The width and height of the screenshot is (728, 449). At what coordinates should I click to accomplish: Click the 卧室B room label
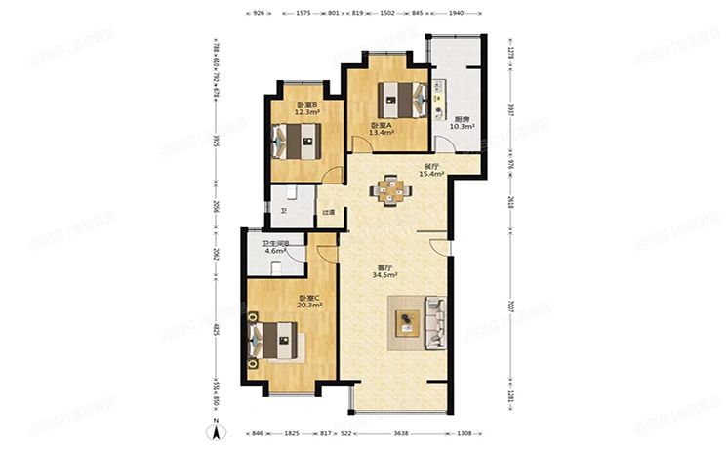click(306, 104)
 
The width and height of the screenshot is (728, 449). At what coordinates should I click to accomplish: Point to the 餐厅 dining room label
click(431, 167)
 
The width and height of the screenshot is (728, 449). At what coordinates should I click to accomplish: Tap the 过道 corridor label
click(330, 212)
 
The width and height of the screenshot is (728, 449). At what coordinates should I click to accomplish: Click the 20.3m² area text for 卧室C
click(310, 305)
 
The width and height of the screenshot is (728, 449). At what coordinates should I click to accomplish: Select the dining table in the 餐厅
click(391, 190)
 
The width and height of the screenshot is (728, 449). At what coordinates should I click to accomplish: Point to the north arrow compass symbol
click(216, 430)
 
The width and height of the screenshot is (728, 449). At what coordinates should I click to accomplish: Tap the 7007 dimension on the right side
click(509, 308)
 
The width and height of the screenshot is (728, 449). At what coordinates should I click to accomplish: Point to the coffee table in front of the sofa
click(405, 322)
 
